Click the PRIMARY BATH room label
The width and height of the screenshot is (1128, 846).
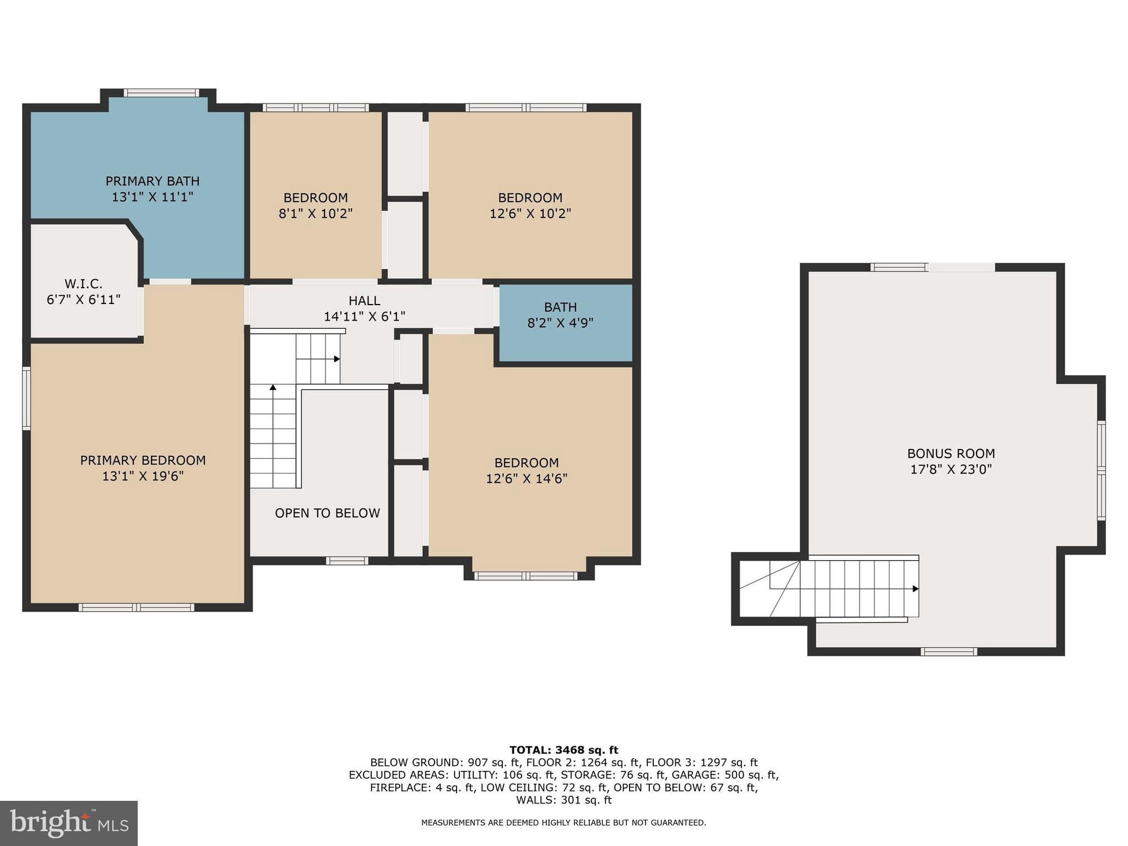click(x=153, y=181)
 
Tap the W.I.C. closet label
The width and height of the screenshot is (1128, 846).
click(x=84, y=284)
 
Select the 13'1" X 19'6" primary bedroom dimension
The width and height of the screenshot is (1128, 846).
click(x=143, y=476)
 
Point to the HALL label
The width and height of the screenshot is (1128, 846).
click(x=364, y=301)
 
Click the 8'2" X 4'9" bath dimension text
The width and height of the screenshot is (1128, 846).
click(x=560, y=323)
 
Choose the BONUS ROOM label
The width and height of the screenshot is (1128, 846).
click(x=951, y=454)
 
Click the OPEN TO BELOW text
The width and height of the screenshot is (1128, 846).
click(x=327, y=513)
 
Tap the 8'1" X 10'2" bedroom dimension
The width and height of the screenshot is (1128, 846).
click(x=316, y=214)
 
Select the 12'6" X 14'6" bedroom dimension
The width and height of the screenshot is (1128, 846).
click(x=527, y=479)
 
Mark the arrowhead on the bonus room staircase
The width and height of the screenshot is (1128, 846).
click(x=915, y=589)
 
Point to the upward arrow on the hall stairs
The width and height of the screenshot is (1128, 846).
click(x=273, y=388)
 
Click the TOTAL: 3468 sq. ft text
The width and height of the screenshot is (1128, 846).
click(x=563, y=750)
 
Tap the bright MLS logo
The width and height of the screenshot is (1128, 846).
click(x=69, y=823)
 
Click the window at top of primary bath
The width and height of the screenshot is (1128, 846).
click(x=161, y=93)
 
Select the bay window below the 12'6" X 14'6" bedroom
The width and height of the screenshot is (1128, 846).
click(x=525, y=576)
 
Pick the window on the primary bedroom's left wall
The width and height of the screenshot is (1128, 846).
click(x=26, y=398)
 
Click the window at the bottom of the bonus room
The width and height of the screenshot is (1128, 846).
click(x=948, y=652)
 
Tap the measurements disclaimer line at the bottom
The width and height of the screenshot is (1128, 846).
click(x=563, y=823)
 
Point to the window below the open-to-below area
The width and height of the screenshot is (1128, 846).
click(x=346, y=561)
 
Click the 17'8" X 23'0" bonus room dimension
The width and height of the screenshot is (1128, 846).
click(x=951, y=470)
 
